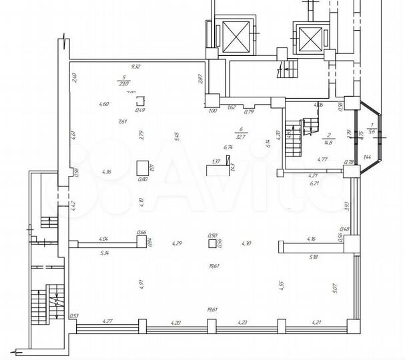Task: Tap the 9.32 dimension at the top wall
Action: (x=136, y=67)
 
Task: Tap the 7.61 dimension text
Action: (x=122, y=121)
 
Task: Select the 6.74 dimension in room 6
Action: (x=227, y=148)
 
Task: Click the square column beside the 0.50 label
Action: (x=214, y=244)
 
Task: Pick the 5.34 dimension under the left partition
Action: (x=103, y=253)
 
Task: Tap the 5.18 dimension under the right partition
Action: (x=314, y=256)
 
